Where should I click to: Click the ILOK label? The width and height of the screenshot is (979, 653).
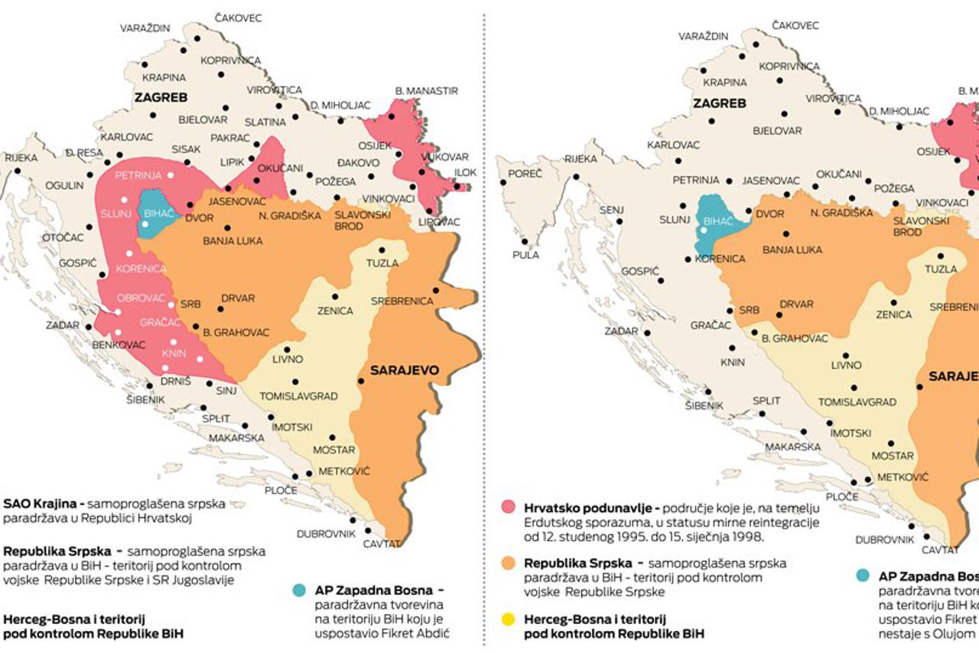(x=465, y=173)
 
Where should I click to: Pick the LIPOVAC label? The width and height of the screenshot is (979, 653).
(x=440, y=222)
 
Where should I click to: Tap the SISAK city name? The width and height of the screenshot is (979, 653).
(x=187, y=149)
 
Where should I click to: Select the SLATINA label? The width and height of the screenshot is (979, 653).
(x=265, y=122)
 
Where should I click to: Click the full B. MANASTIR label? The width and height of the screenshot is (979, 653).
(x=426, y=90)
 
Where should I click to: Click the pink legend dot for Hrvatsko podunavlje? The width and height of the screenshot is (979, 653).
(x=508, y=508)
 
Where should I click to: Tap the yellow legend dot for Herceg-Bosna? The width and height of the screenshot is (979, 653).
(x=508, y=619)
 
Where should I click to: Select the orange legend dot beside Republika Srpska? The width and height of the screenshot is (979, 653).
(x=508, y=563)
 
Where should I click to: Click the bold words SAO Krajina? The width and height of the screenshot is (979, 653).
(x=42, y=504)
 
